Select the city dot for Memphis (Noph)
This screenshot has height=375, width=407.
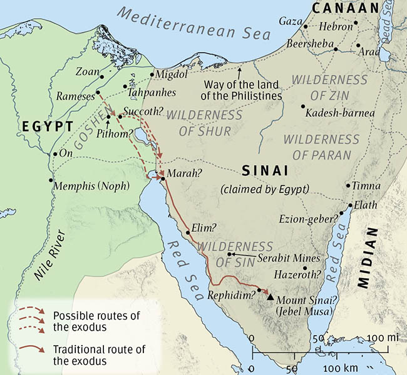[x=51, y=180]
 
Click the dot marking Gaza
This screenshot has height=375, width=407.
[x=305, y=27]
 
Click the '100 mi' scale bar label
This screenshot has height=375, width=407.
[x=384, y=338]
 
